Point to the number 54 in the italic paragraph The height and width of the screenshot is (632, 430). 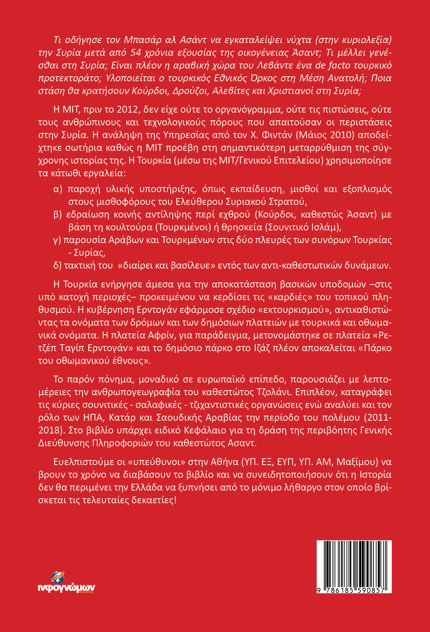136,52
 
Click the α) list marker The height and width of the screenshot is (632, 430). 58,189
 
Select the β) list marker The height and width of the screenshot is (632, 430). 58,215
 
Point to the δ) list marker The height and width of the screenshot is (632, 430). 57,266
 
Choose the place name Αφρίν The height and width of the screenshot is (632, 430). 160,335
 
